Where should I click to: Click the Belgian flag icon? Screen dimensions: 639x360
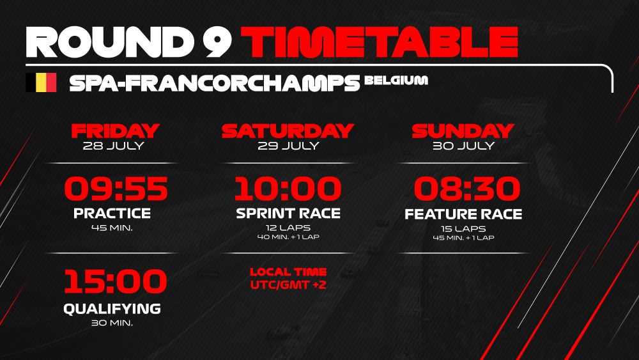coord(41,82)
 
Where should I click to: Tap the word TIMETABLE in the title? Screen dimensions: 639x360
coord(380,42)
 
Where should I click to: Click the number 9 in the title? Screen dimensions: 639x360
coord(217,42)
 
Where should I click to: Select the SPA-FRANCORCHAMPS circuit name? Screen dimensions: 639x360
coord(215,82)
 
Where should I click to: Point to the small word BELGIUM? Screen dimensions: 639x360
coord(396,80)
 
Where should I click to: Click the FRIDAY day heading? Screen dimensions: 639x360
coord(115,131)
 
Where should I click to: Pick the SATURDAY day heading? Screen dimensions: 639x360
coord(288,131)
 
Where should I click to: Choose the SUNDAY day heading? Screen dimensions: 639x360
coord(463,131)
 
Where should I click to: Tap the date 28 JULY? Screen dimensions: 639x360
coord(114,146)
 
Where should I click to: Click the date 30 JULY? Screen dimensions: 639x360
coord(464,146)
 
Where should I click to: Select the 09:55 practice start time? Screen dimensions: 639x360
coord(116,189)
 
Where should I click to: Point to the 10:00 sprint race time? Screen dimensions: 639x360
coord(288,189)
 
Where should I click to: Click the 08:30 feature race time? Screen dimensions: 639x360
coord(467,189)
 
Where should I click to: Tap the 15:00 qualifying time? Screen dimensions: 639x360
coord(116,281)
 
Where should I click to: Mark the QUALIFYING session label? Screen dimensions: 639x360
coord(112,309)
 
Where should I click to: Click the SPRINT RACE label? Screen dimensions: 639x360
coord(288,213)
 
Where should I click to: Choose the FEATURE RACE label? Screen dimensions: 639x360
coord(463,214)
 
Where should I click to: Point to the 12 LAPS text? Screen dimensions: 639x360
coord(288,228)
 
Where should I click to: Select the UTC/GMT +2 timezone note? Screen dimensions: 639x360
coord(289,285)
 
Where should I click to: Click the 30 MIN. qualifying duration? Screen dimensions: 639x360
coord(112,322)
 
